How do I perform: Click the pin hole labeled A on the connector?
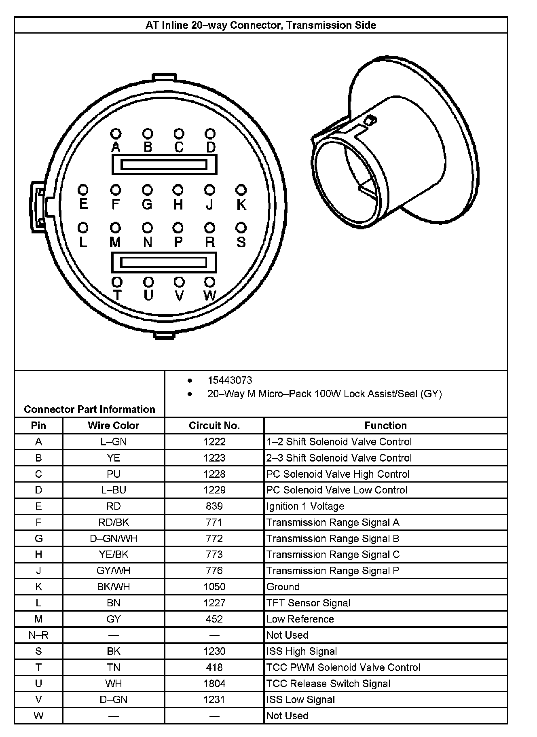tap(116, 133)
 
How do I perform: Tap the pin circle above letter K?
tap(241, 190)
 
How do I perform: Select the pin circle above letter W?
tap(209, 282)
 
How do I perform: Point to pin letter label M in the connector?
tap(115, 242)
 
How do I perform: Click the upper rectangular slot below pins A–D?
tap(164, 165)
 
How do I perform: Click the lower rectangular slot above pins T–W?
tap(164, 262)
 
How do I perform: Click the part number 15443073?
tap(230, 380)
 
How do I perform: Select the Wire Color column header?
tap(114, 426)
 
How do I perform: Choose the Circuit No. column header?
tap(214, 426)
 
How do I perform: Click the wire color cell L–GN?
tap(114, 442)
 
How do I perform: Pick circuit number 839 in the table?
tap(214, 506)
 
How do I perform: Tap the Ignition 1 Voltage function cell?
tap(305, 506)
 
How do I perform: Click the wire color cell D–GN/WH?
tap(114, 538)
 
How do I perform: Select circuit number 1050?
tap(214, 587)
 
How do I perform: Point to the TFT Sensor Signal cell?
tap(308, 603)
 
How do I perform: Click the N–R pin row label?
tap(38, 635)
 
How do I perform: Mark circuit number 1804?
tap(214, 684)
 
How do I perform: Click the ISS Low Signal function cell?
tap(300, 700)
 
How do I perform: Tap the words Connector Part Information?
tap(89, 409)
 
